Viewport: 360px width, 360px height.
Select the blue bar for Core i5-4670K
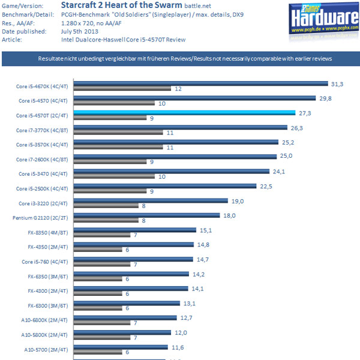[201, 83]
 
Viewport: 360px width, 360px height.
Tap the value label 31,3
[338, 83]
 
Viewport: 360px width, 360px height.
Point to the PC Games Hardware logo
[323, 20]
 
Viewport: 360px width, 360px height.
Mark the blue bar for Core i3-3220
[151, 200]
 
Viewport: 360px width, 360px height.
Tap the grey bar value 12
[178, 89]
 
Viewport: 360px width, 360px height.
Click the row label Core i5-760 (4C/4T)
[44, 262]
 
